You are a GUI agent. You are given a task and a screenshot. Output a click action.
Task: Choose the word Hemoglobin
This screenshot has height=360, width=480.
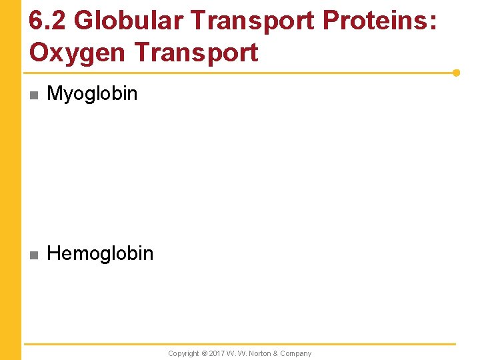pos(100,253)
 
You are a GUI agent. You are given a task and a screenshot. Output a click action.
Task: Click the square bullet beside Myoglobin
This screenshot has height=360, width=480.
pos(33,95)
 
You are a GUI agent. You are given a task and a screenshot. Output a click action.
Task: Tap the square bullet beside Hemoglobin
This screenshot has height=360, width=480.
pos(33,254)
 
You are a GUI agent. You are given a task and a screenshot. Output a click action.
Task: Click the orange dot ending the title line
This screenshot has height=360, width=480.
pos(456,73)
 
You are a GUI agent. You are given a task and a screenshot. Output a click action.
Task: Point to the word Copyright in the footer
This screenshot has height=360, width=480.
pos(183,353)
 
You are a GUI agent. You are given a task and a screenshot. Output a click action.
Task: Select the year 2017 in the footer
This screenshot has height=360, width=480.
pos(217,353)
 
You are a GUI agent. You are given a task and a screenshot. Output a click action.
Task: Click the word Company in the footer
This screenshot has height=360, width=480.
pos(295,353)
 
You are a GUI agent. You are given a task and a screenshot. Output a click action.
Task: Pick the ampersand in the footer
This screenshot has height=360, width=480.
pos(275,353)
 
